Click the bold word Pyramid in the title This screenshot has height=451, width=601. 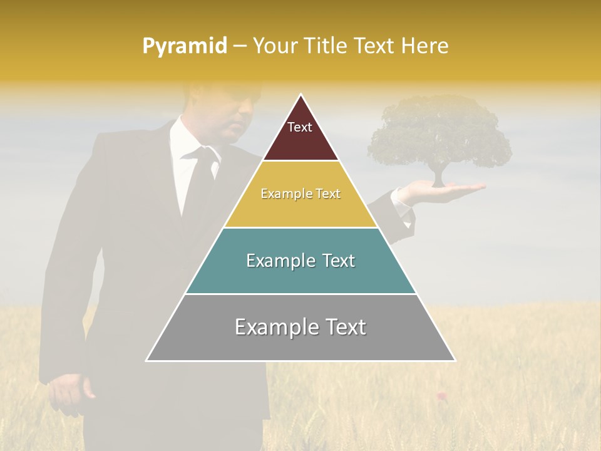[x=185, y=46]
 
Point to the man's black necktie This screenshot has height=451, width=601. [x=199, y=182]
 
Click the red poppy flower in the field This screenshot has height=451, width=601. [x=441, y=395]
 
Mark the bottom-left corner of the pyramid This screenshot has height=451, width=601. [x=147, y=361]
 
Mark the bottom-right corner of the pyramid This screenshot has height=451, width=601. [x=455, y=361]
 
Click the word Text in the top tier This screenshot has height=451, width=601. [x=300, y=127]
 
